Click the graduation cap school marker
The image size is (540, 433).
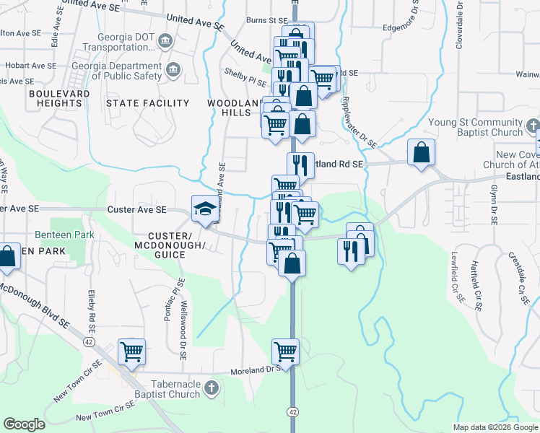pos(204,209)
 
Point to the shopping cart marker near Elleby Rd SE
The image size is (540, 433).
pos(131,352)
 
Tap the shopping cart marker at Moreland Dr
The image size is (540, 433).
pos(286,352)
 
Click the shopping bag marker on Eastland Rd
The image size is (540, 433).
pos(421,153)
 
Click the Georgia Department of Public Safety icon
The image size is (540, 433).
pos(174,70)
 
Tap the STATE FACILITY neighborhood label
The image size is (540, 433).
pos(147,103)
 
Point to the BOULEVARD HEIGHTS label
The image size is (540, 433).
pos(59,99)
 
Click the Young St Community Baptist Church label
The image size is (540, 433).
pos(485,128)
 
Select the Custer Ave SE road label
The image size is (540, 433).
pos(136,209)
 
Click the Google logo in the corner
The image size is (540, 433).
pos(24,424)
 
